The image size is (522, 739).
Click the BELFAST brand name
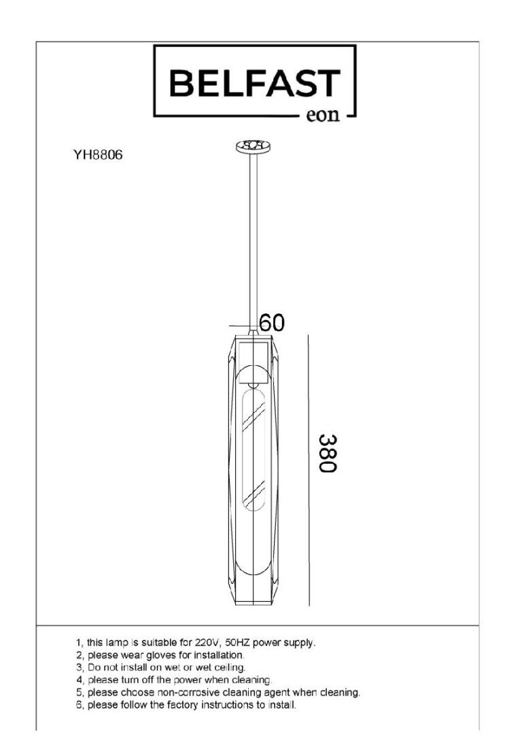(x=254, y=84)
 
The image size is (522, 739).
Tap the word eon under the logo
(x=323, y=116)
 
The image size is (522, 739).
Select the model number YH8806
(x=97, y=154)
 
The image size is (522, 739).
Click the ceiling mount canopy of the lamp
(x=254, y=146)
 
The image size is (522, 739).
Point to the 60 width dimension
(x=272, y=323)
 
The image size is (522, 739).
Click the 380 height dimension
(x=328, y=453)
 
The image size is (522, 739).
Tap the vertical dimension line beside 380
(x=309, y=470)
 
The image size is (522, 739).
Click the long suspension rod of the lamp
(x=254, y=241)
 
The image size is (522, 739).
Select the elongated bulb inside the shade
(x=254, y=449)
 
